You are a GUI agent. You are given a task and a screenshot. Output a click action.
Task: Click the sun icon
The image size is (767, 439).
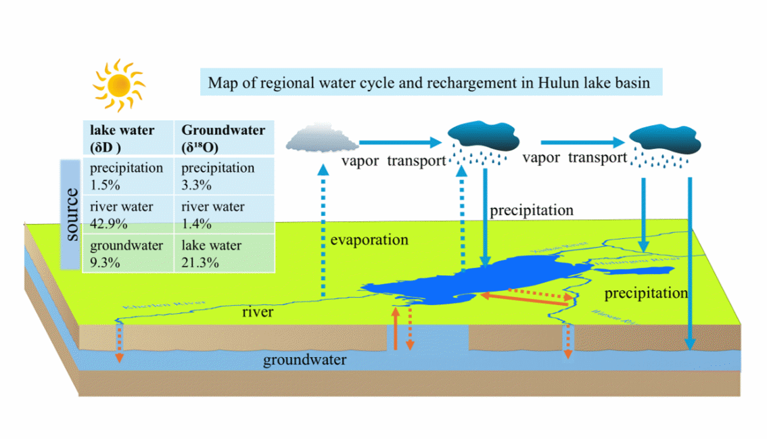click(119, 85)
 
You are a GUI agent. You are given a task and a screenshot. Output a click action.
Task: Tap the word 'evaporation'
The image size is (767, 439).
click(369, 240)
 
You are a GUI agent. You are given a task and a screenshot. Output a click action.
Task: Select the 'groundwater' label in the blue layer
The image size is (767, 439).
click(304, 360)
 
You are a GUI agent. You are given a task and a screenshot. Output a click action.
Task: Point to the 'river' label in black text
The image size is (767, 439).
click(258, 312)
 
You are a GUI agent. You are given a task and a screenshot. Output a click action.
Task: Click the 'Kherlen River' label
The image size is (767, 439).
click(155, 304)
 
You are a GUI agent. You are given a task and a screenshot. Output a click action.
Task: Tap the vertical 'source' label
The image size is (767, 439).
click(70, 215)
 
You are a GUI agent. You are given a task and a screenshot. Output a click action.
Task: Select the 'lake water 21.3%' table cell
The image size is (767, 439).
click(224, 254)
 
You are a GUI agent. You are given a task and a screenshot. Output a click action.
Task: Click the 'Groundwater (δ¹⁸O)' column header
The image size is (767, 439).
click(224, 137)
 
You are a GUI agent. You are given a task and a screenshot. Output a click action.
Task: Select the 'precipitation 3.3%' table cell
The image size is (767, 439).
click(224, 176)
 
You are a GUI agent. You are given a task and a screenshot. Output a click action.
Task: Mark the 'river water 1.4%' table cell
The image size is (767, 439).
click(224, 214)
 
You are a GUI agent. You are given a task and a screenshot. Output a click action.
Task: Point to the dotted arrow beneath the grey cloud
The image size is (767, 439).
click(323, 230)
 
